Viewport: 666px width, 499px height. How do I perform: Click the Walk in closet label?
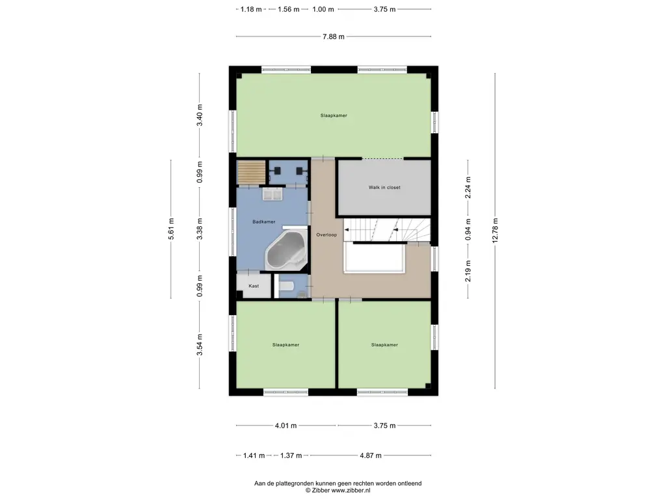(x=384, y=187)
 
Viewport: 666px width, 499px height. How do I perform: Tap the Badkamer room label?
(x=264, y=222)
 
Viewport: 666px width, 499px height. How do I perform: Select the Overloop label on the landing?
(x=326, y=235)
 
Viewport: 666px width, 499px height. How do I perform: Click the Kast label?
(x=254, y=286)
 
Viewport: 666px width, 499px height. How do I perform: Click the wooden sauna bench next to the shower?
(x=251, y=173)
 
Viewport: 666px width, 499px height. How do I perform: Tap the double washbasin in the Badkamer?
(x=273, y=195)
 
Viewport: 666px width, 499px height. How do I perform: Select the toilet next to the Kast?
(x=287, y=286)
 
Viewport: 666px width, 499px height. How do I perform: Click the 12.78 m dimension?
(x=495, y=231)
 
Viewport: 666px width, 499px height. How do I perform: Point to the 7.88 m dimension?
(x=334, y=36)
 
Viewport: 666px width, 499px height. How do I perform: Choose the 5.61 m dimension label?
(x=171, y=229)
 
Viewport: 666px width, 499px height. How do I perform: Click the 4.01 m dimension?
(x=286, y=426)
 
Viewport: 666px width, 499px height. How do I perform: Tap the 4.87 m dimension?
(x=371, y=455)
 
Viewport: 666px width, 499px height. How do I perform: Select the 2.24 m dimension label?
(x=468, y=188)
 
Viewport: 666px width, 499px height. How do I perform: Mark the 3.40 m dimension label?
(x=200, y=116)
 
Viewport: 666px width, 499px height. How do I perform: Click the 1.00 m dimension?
(x=323, y=9)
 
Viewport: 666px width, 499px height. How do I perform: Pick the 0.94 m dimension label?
(x=468, y=229)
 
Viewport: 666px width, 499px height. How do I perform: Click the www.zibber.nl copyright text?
(x=338, y=491)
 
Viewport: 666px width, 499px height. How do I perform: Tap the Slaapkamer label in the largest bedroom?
(x=334, y=116)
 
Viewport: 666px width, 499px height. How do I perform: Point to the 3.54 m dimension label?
(x=200, y=345)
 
